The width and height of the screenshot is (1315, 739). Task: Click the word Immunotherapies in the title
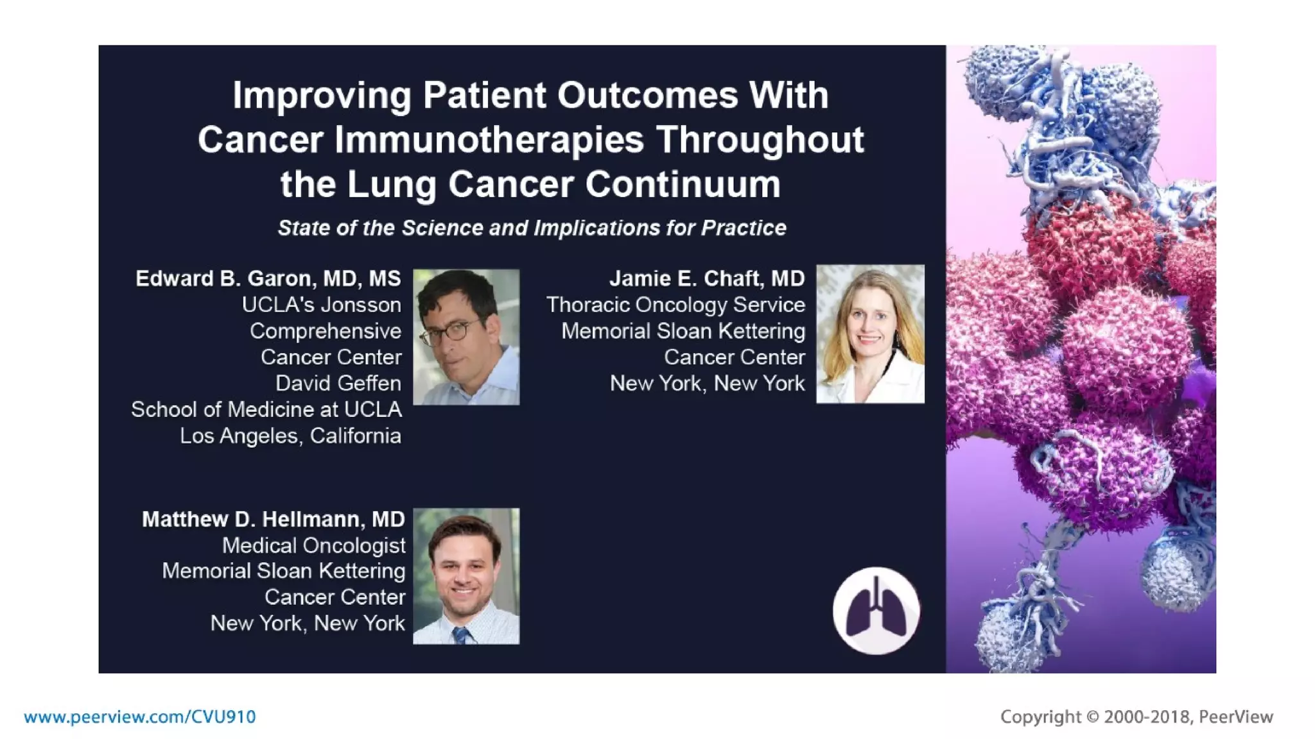pyautogui.click(x=489, y=140)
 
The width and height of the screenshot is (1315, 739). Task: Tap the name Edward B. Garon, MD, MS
pyautogui.click(x=268, y=278)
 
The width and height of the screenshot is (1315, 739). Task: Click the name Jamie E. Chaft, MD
pyautogui.click(x=706, y=278)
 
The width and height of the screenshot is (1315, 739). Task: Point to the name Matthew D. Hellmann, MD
pyautogui.click(x=273, y=519)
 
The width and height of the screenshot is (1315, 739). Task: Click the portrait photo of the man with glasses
pyautogui.click(x=466, y=337)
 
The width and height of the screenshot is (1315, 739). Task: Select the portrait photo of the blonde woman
pyautogui.click(x=870, y=334)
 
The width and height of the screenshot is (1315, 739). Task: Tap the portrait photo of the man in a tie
pyautogui.click(x=466, y=576)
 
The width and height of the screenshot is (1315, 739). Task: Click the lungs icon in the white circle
pyautogui.click(x=876, y=610)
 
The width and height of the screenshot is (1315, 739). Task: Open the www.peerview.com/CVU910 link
pyautogui.click(x=140, y=717)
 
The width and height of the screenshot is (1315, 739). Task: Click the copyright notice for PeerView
pyautogui.click(x=1136, y=717)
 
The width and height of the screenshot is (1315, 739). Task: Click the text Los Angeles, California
pyautogui.click(x=290, y=436)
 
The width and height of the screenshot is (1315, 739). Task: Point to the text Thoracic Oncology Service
pyautogui.click(x=675, y=305)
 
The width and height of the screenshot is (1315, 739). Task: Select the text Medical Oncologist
pyautogui.click(x=313, y=545)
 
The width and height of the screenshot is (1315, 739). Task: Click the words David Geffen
pyautogui.click(x=338, y=384)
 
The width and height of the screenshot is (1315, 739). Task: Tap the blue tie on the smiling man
pyautogui.click(x=462, y=635)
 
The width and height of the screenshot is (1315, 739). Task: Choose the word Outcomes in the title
pyautogui.click(x=647, y=96)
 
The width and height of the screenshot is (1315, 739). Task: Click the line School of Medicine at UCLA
pyautogui.click(x=266, y=410)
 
